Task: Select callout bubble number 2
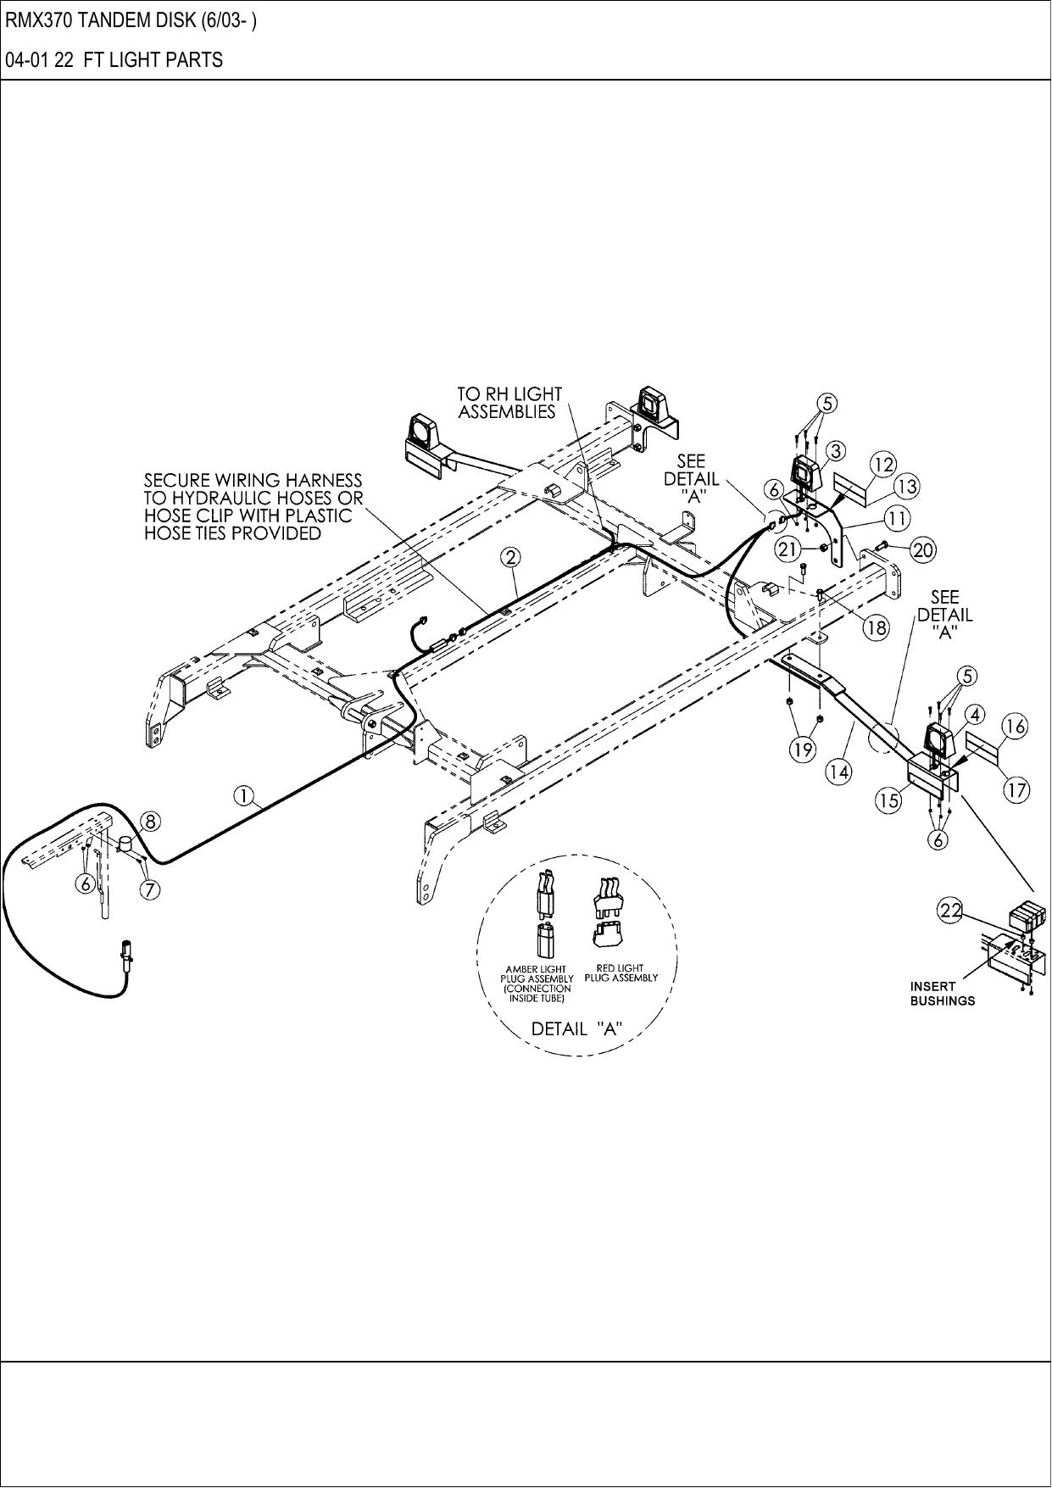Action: point(510,557)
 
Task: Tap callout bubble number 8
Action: point(149,821)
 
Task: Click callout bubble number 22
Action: point(949,911)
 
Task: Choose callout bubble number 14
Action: point(839,772)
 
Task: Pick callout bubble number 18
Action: point(876,628)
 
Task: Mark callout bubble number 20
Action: point(923,550)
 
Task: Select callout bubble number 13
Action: point(907,487)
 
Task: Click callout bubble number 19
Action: point(803,749)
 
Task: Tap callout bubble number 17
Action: point(1016,790)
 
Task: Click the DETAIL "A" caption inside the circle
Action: point(576,1028)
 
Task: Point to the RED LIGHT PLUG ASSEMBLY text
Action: point(621,972)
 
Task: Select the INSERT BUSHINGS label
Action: point(942,993)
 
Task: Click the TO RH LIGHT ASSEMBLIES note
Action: point(509,403)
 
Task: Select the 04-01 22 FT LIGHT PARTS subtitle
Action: point(114,60)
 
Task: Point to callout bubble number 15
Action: point(888,801)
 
